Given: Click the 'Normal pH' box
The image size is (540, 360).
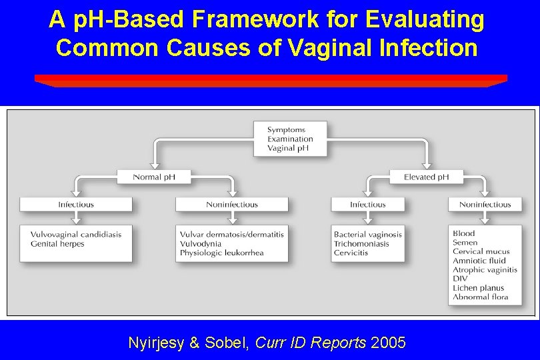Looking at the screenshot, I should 154,177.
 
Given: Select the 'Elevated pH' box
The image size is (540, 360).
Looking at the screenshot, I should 427,177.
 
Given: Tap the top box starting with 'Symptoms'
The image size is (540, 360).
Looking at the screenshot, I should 290,139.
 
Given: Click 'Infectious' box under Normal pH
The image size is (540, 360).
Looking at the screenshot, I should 76,205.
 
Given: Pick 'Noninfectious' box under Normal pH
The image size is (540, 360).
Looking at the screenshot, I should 232,205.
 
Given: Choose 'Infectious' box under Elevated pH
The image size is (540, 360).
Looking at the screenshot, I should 368,205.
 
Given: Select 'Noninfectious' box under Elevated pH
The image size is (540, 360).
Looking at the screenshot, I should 485,205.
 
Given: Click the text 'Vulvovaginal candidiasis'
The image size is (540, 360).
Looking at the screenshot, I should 75,235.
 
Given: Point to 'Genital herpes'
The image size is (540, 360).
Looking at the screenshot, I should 57,244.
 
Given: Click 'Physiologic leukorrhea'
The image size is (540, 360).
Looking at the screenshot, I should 222,253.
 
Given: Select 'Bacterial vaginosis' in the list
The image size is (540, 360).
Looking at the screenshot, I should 368,235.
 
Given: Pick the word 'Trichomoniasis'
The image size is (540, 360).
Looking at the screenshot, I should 361,244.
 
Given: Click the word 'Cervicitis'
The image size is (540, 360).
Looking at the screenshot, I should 351,253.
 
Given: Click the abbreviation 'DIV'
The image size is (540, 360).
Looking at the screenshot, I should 460,279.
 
